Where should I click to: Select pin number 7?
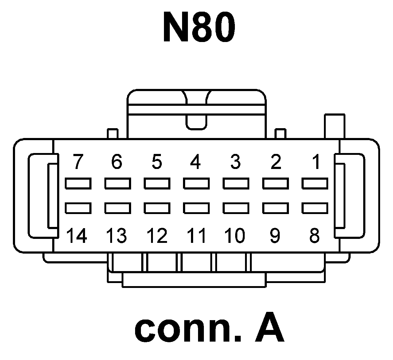pyautogui.click(x=78, y=162)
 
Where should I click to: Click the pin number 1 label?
pyautogui.click(x=316, y=162)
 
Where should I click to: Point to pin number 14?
pyautogui.click(x=77, y=236)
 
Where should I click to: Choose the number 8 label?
pyautogui.click(x=315, y=236)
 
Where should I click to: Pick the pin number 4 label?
pyautogui.click(x=196, y=162)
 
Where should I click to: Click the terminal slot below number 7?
pyautogui.click(x=78, y=183)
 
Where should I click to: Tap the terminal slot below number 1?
pyautogui.click(x=315, y=183)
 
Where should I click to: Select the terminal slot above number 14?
pyautogui.click(x=78, y=208)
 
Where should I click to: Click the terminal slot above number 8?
pyautogui.click(x=315, y=208)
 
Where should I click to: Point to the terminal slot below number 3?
pyautogui.click(x=236, y=183)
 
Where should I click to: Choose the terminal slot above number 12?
pyautogui.click(x=157, y=208)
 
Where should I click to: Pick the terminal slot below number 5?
pyautogui.click(x=157, y=183)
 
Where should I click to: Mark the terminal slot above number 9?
pyautogui.click(x=275, y=208)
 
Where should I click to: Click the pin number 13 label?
pyautogui.click(x=116, y=236)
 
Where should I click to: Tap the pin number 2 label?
pyautogui.click(x=276, y=162)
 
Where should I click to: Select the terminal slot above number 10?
pyautogui.click(x=236, y=208)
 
